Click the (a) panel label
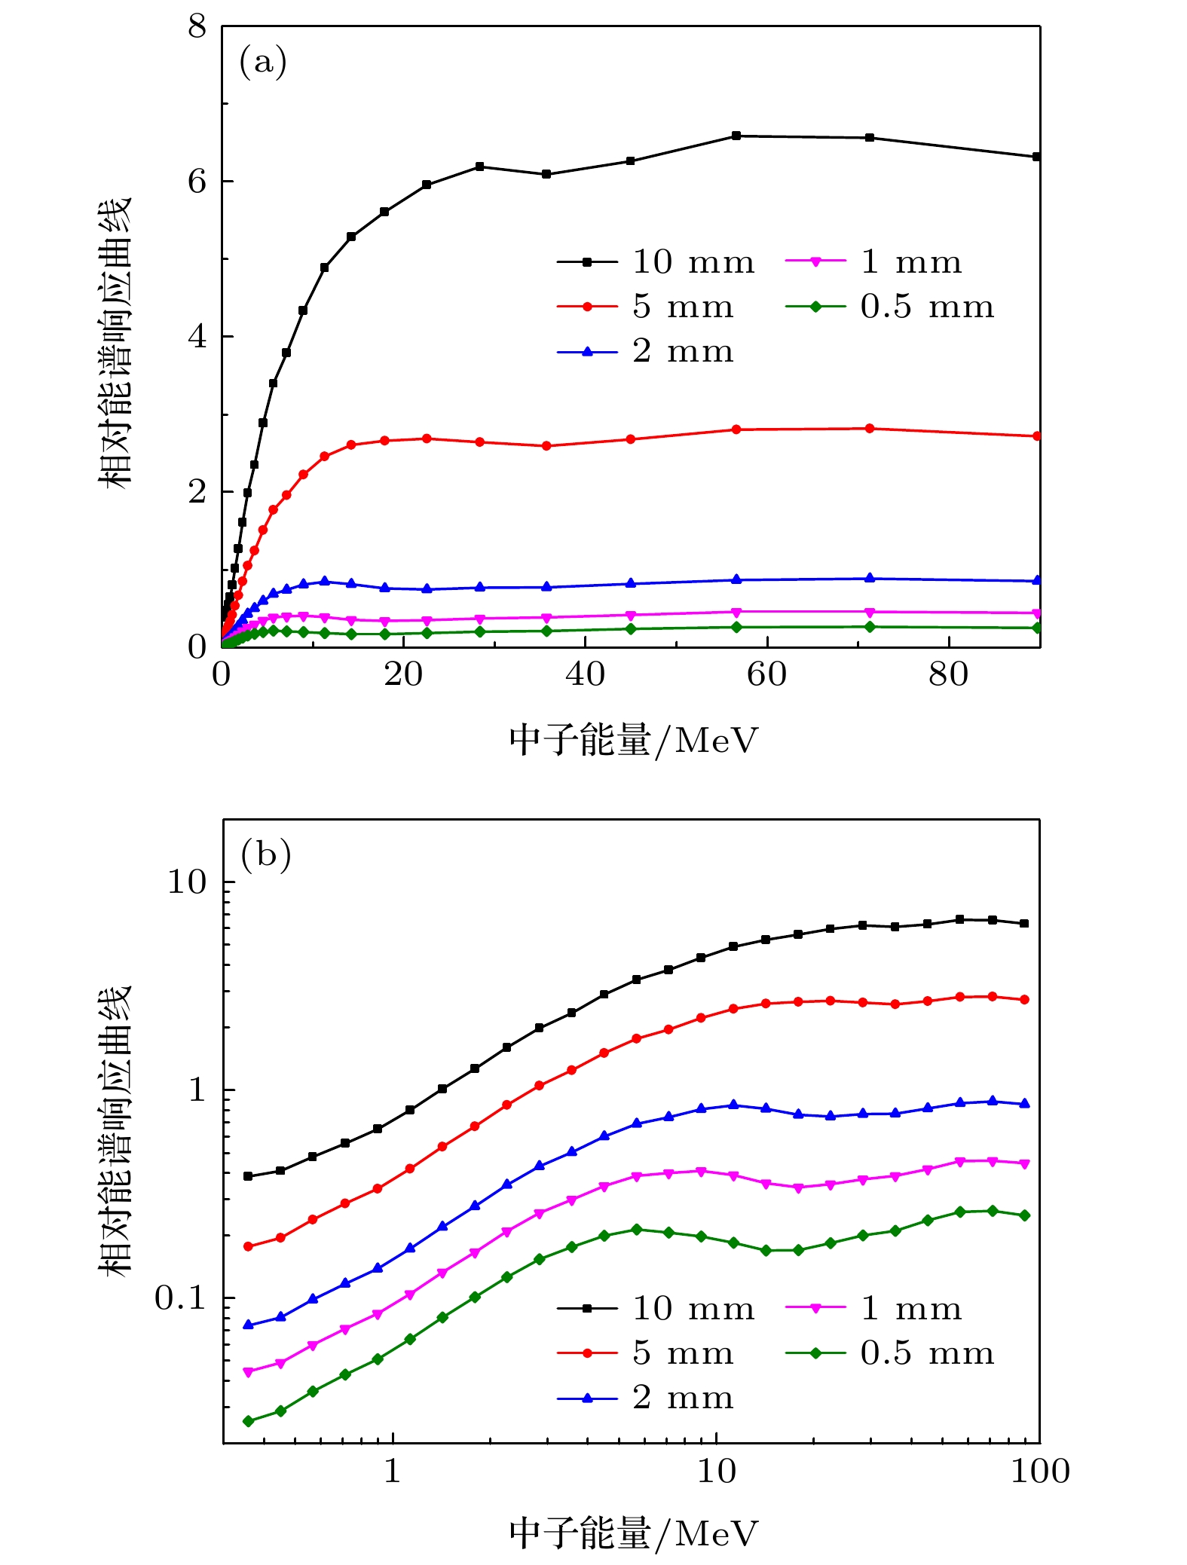click(263, 61)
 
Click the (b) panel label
click(265, 854)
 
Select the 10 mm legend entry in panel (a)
click(656, 262)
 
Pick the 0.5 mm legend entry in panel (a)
click(890, 307)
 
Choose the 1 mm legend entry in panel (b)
click(874, 1309)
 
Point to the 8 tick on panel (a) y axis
click(197, 27)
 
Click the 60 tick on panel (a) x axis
click(766, 674)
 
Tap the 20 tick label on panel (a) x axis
click(403, 674)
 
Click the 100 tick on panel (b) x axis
click(1040, 1471)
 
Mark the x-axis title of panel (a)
click(633, 740)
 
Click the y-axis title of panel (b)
click(115, 1130)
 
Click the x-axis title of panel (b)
click(633, 1533)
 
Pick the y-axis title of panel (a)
click(115, 343)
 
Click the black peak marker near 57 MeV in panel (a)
click(736, 136)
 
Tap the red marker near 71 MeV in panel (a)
click(870, 429)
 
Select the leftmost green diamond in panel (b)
click(248, 1421)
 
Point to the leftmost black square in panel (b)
click(248, 1176)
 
